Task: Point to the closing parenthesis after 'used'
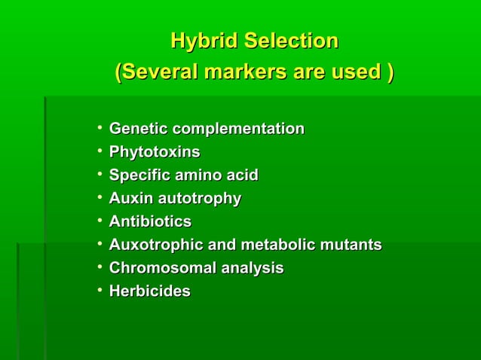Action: click(389, 72)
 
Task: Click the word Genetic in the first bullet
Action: click(136, 129)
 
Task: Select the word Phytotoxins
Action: click(155, 152)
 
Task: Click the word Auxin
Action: click(129, 199)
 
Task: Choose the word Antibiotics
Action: click(150, 222)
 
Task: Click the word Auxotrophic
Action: click(152, 245)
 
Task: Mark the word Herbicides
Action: click(149, 291)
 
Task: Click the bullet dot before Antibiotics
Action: click(99, 221)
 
